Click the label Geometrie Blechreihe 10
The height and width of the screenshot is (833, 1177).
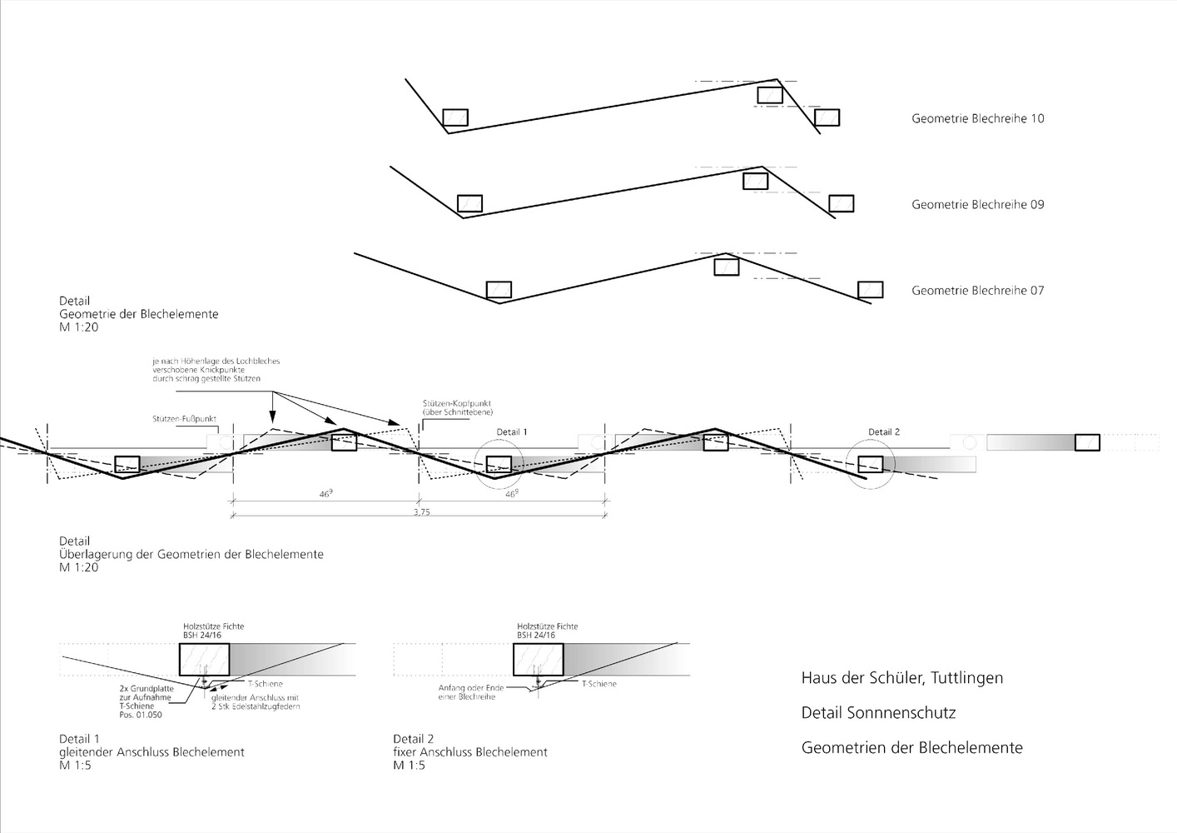click(x=977, y=118)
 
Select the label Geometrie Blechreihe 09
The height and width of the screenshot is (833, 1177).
click(x=977, y=204)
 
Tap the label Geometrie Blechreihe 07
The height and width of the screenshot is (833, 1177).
click(x=977, y=291)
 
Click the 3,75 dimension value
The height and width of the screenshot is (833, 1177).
click(x=421, y=512)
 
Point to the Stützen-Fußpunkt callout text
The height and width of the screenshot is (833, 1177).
click(x=185, y=418)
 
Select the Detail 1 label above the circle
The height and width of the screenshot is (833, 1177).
click(x=512, y=431)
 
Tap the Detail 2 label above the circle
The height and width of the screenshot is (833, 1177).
click(x=884, y=431)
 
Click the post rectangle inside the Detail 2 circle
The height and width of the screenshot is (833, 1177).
click(x=871, y=464)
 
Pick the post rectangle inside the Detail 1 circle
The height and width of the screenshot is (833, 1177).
click(x=499, y=464)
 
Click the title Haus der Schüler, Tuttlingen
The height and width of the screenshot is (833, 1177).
click(x=901, y=678)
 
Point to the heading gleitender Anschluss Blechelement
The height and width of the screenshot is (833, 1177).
click(x=151, y=752)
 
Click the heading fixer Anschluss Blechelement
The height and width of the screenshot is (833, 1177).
click(x=470, y=752)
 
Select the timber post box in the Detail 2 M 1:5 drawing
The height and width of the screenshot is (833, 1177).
click(x=539, y=659)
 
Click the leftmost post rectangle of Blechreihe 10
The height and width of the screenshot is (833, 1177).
click(x=455, y=117)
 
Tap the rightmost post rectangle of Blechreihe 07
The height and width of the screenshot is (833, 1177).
click(x=871, y=290)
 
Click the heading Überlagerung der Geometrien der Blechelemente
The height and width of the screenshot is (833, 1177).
click(x=191, y=554)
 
